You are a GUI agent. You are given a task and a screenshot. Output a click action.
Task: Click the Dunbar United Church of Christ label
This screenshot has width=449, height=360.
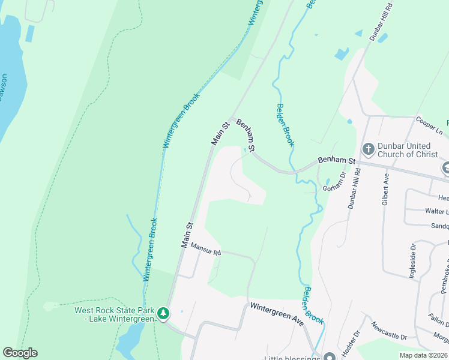404,150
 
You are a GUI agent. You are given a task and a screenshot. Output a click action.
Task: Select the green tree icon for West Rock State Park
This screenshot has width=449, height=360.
163,313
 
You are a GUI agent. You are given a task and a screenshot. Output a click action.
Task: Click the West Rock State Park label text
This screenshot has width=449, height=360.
114,314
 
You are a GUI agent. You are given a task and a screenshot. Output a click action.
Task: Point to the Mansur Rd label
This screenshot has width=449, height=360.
206,249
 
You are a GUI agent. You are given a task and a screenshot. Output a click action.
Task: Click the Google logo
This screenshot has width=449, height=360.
20,353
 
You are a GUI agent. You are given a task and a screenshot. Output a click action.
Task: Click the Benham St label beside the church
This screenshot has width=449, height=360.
337,161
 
